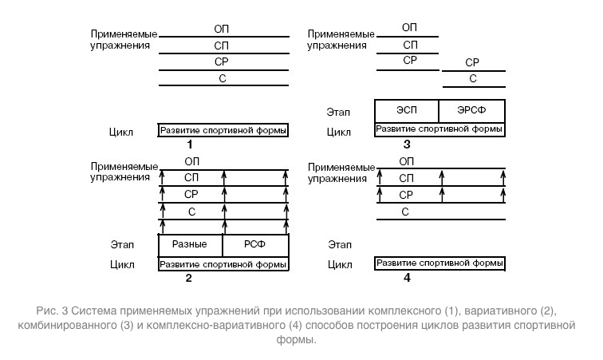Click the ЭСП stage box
tap(407, 111)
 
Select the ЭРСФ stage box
tap(472, 111)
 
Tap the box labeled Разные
tap(191, 245)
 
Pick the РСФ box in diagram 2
tap(256, 245)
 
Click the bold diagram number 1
tap(190, 144)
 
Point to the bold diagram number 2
tap(188, 278)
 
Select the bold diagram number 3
tap(407, 144)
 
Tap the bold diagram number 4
tap(407, 278)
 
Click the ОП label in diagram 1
tap(221, 29)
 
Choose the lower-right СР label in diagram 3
tap(472, 62)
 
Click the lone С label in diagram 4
tap(405, 212)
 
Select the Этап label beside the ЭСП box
tap(338, 112)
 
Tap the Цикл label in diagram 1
tap(120, 132)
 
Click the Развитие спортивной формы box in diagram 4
tap(439, 263)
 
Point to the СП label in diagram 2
tap(191, 177)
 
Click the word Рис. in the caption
tap(47, 311)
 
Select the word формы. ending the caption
tap(296, 339)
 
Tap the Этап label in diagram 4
tap(340, 244)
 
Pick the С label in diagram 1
tap(223, 78)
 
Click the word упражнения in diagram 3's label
tap(337, 45)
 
